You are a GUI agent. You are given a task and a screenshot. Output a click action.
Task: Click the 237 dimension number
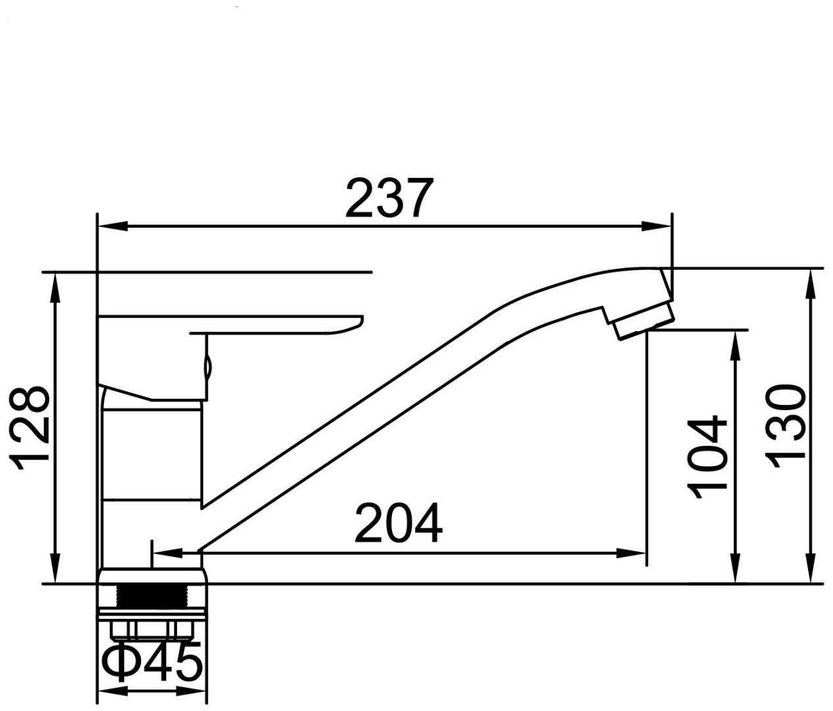(x=390, y=197)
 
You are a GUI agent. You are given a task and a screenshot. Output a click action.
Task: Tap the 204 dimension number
(x=399, y=523)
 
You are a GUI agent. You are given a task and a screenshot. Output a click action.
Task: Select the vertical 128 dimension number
(x=29, y=429)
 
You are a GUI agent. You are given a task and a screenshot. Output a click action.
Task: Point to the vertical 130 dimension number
(x=785, y=427)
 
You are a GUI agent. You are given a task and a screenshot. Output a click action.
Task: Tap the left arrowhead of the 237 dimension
(x=113, y=226)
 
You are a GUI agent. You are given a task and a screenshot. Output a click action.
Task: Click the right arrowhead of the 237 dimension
(x=657, y=226)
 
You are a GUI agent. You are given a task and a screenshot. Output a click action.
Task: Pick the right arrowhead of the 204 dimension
(x=632, y=552)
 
